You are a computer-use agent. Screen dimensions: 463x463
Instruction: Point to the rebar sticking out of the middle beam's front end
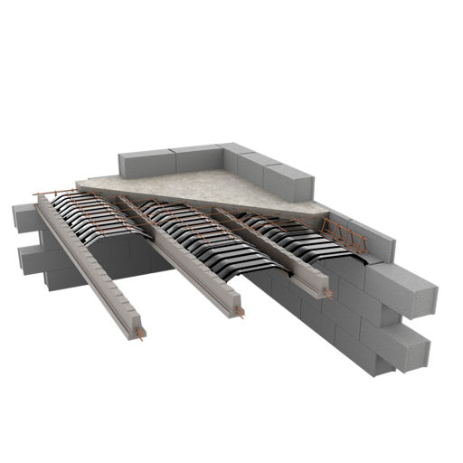click(240, 315)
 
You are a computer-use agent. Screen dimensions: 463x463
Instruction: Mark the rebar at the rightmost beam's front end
click(329, 296)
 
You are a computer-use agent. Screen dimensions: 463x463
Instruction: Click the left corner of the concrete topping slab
click(81, 184)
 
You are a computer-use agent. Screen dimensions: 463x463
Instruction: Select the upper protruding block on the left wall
click(24, 218)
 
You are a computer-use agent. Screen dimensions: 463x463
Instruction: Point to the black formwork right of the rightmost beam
click(298, 239)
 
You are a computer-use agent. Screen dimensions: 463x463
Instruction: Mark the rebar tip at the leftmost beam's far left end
click(37, 196)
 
